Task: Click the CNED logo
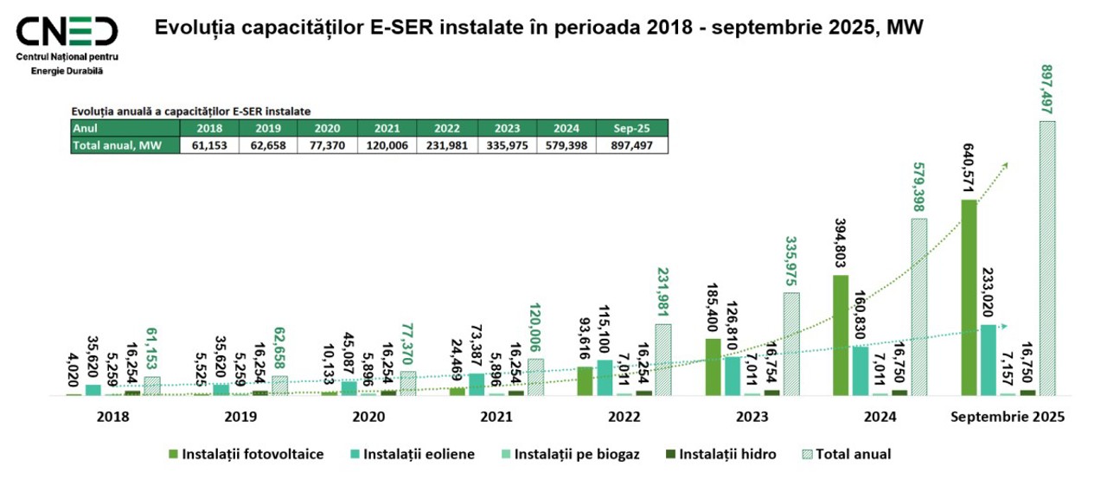67,32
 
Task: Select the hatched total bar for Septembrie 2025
1046,258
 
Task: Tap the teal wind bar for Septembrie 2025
987,360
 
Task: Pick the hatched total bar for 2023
791,344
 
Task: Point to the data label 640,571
968,165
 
